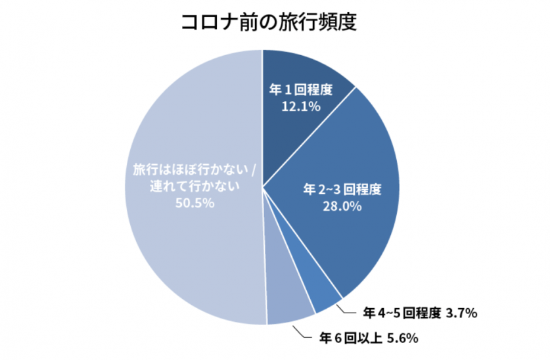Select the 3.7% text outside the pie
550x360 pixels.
[x=461, y=313]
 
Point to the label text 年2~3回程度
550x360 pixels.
[x=342, y=191]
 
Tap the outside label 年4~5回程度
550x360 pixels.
[x=401, y=313]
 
